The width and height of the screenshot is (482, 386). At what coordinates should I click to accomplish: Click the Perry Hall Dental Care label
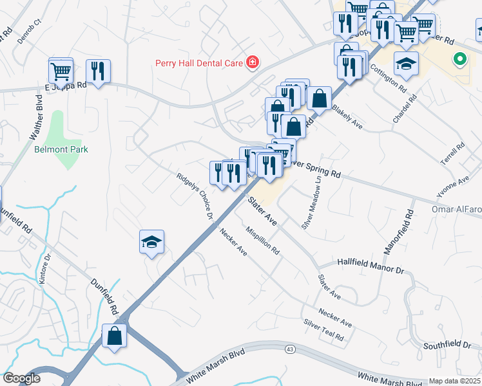tap(198, 63)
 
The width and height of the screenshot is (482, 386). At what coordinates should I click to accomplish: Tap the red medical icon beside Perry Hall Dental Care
tap(253, 62)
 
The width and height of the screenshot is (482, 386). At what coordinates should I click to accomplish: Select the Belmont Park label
tap(61, 149)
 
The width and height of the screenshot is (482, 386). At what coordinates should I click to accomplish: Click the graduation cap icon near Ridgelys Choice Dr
tap(151, 242)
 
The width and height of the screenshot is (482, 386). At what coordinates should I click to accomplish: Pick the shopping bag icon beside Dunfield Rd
tap(115, 336)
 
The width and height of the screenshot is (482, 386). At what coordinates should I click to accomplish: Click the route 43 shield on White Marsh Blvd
tap(291, 349)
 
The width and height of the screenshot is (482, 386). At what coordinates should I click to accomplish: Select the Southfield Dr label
tap(447, 345)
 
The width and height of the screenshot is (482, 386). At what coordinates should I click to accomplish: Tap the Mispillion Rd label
tap(263, 239)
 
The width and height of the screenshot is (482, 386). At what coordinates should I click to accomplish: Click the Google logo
tap(21, 378)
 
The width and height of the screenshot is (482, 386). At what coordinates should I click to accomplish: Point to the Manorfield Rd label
tap(407, 229)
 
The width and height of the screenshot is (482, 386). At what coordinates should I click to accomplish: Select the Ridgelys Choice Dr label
tap(196, 195)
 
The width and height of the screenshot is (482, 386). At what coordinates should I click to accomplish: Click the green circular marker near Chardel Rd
tap(459, 60)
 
